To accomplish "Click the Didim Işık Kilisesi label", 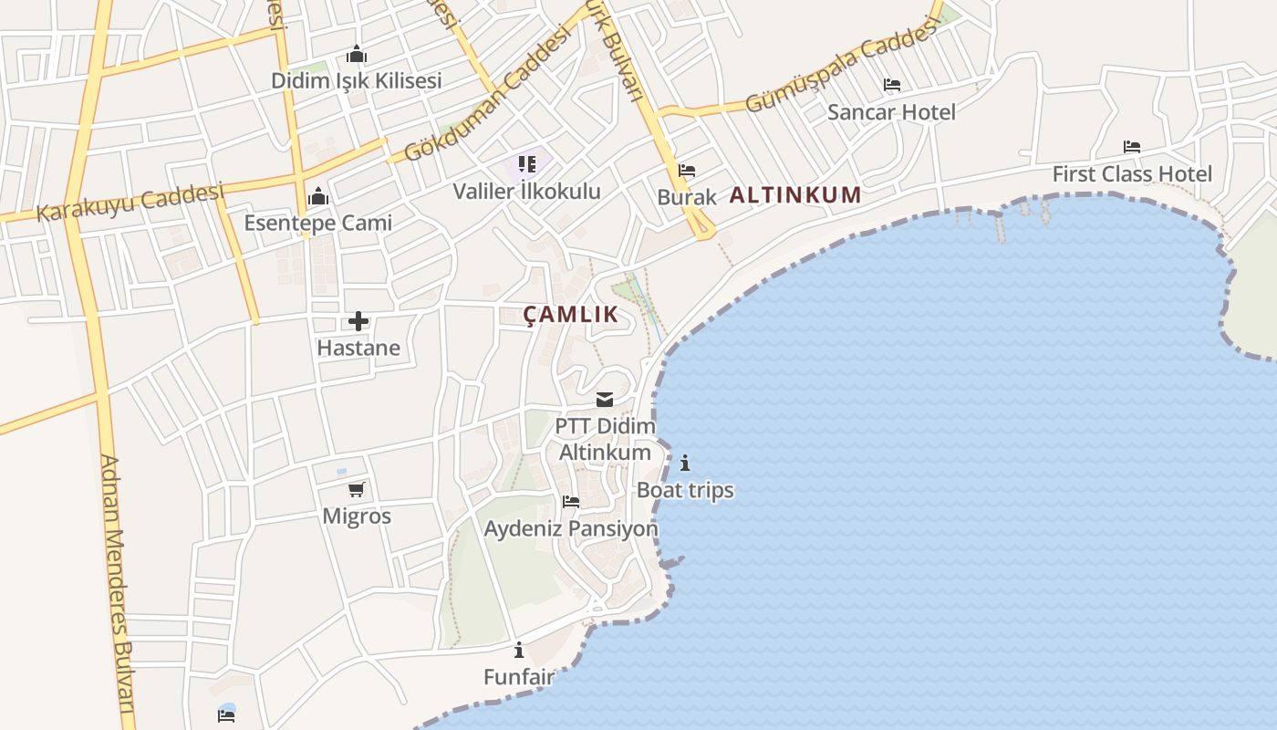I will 356,80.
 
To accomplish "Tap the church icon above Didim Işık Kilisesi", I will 356,55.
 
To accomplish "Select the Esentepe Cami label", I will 317,223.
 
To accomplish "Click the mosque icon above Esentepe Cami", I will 317,196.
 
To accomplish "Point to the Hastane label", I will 358,348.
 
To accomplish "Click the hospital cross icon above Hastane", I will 358,321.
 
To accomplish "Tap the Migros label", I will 357,516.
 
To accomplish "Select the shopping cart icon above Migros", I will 357,490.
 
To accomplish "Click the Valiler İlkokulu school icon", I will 527,164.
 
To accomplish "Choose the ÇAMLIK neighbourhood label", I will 571,316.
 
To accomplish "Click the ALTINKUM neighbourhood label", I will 795,194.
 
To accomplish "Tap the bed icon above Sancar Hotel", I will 892,85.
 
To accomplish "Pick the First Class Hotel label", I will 1132,174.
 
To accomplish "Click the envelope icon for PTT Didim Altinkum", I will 605,399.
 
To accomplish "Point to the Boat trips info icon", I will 685,463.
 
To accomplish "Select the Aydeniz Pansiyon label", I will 571,529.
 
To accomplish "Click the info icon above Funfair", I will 519,650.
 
